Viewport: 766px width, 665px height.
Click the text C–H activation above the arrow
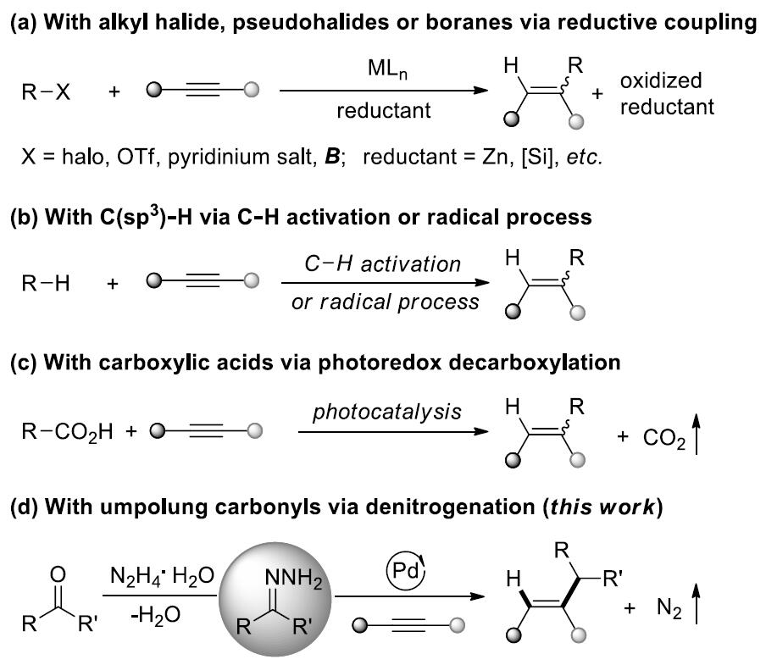click(384, 263)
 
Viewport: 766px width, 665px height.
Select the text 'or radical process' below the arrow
click(385, 301)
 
